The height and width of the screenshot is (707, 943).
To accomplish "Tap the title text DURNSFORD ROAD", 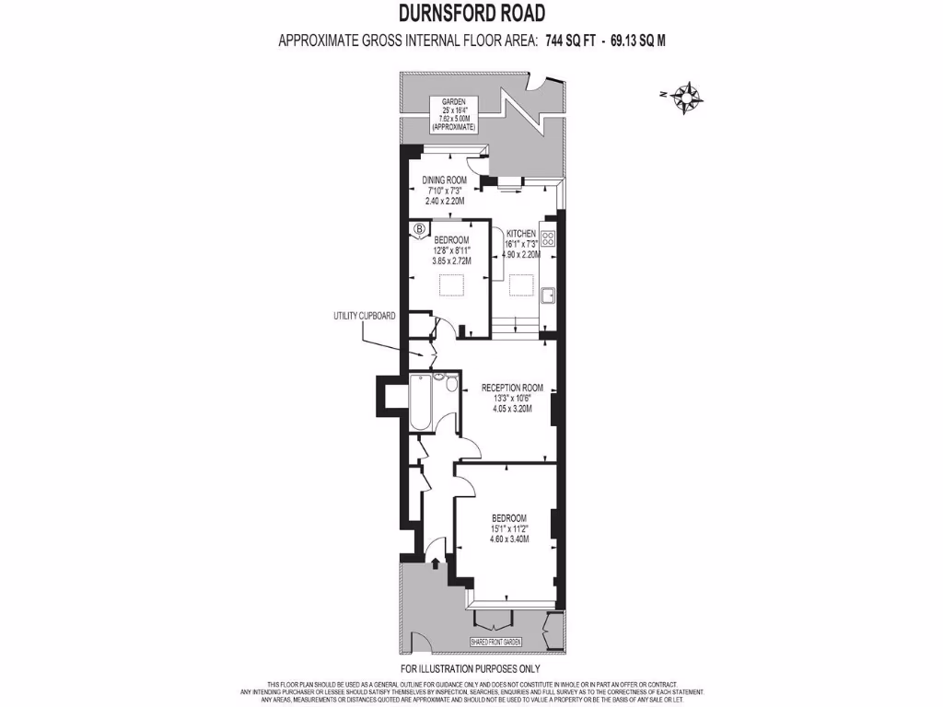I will pyautogui.click(x=471, y=14).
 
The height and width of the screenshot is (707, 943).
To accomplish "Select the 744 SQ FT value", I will pyautogui.click(x=569, y=41).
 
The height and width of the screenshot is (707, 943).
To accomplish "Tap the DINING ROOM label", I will pyautogui.click(x=445, y=180).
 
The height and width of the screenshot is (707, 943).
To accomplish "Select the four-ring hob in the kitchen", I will pyautogui.click(x=549, y=238).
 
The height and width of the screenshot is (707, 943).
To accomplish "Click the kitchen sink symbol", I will pyautogui.click(x=548, y=295).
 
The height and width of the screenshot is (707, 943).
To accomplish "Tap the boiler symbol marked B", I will pyautogui.click(x=420, y=228).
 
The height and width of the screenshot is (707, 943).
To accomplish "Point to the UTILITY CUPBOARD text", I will pyautogui.click(x=365, y=316).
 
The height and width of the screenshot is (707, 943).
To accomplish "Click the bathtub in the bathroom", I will pyautogui.click(x=419, y=402).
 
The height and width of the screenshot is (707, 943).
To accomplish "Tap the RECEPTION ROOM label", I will pyautogui.click(x=512, y=388).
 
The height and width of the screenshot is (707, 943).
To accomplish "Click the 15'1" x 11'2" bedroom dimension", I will pyautogui.click(x=509, y=528).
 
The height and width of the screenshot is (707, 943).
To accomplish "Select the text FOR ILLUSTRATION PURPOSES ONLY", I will pyautogui.click(x=471, y=669).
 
